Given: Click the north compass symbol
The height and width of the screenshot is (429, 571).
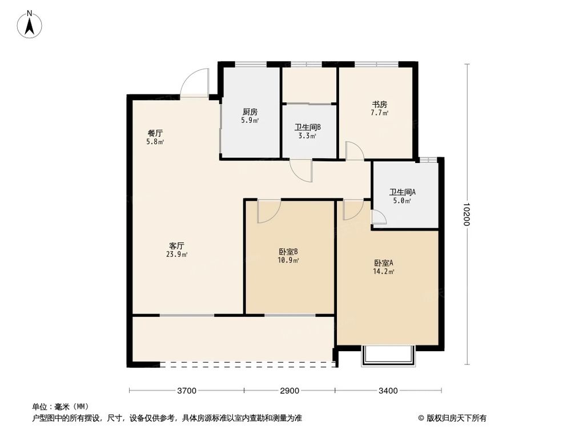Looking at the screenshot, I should [x=30, y=23].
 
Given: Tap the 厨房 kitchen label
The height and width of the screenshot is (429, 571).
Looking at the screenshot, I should [x=250, y=112].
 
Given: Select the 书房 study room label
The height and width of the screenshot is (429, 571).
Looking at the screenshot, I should [x=380, y=105].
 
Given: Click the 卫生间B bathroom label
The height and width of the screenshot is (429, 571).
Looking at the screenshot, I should [x=308, y=128].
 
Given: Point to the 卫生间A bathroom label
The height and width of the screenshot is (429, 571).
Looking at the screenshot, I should [x=403, y=192].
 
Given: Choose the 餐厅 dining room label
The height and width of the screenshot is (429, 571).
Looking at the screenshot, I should [x=155, y=133].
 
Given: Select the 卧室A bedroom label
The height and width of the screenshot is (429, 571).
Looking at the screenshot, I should [x=384, y=263].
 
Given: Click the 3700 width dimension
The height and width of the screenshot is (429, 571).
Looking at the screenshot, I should [x=187, y=391].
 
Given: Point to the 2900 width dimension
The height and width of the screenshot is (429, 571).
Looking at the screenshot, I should [x=289, y=391].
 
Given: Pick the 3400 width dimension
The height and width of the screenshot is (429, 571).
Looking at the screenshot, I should [x=387, y=391].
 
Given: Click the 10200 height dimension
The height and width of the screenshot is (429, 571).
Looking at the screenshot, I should [x=467, y=214].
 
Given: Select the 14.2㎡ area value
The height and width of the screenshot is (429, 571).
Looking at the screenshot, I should [x=384, y=272].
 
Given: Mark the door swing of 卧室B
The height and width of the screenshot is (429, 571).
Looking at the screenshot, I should [x=267, y=211].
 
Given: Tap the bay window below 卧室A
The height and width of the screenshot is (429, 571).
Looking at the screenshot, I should [x=387, y=355].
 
